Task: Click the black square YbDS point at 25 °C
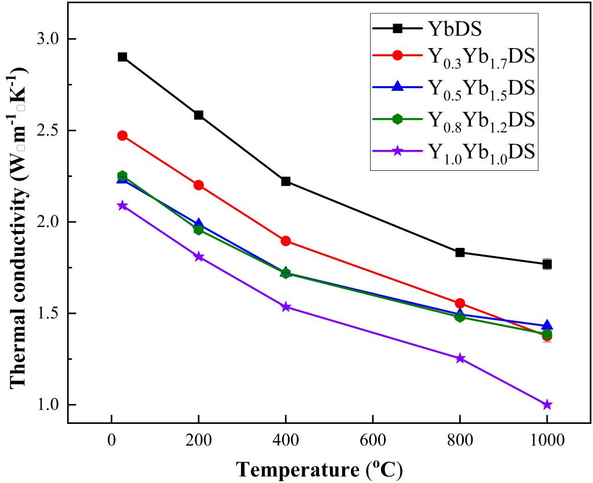[122, 57]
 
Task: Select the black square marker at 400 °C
[285, 181]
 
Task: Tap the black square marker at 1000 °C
[547, 264]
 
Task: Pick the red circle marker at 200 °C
[199, 185]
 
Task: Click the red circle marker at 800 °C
[460, 303]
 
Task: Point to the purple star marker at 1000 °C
[547, 405]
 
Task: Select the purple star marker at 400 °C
[285, 306]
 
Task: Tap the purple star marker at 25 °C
[122, 205]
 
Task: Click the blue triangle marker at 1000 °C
[547, 325]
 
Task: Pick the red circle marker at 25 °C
[122, 136]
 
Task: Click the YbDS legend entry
[453, 27]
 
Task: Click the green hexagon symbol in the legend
[397, 119]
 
